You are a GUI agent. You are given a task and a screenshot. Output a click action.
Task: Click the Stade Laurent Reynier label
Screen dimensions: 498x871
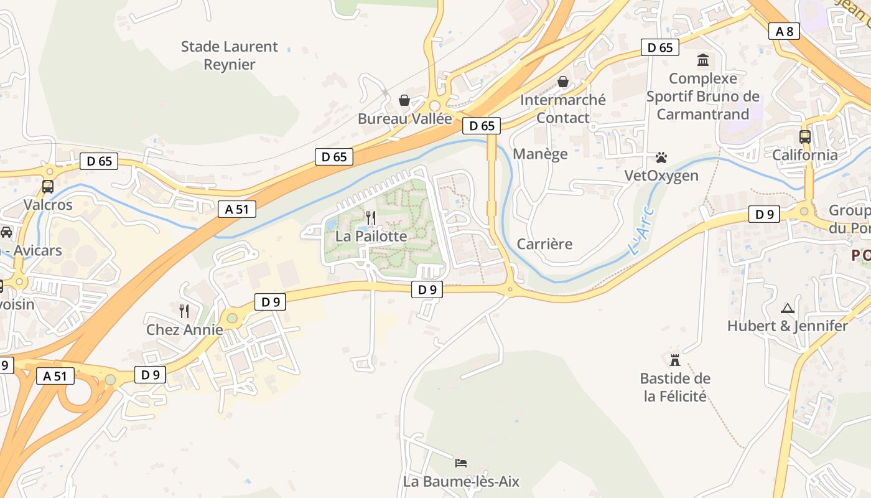230,55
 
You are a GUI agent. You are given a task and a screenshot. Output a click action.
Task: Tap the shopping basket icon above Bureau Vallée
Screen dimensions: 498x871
404,100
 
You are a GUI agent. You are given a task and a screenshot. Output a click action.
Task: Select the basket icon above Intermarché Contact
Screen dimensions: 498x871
563,82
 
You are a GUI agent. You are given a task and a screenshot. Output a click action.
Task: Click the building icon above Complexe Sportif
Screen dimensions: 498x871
703,60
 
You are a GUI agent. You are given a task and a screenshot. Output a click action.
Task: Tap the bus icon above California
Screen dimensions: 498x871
805,137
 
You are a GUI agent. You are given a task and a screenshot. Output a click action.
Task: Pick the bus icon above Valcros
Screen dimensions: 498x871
48,186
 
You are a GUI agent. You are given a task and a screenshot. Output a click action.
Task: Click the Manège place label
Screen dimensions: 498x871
540,154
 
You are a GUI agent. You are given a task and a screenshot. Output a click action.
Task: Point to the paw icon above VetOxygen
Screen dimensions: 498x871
661,157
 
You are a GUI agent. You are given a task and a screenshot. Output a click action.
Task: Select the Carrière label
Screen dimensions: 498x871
544,243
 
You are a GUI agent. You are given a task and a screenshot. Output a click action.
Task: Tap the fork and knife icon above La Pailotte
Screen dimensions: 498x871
371,218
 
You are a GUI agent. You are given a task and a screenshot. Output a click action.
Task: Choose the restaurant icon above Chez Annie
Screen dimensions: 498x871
184,311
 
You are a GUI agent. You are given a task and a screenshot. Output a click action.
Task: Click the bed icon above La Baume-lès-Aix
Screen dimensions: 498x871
461,463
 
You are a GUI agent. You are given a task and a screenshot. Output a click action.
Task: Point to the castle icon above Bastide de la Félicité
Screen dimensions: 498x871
675,360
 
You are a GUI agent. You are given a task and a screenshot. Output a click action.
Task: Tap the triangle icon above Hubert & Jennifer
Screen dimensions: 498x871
788,308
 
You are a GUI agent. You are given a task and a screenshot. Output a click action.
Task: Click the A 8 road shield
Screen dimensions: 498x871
784,31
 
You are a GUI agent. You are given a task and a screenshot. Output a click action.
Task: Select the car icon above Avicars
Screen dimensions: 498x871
6,232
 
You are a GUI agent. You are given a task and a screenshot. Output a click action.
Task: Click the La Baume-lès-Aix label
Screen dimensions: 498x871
461,481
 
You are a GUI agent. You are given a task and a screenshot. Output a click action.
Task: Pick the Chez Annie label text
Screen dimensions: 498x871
184,329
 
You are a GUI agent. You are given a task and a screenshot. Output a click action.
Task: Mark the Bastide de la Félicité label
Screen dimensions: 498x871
675,387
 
